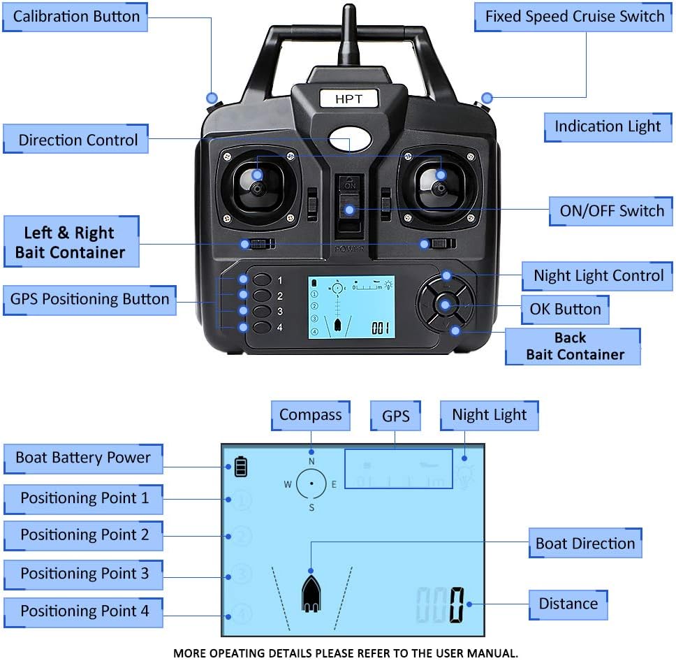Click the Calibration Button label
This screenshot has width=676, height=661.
click(76, 17)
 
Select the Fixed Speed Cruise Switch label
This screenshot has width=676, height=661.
click(575, 17)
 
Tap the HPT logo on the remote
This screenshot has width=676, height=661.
click(348, 99)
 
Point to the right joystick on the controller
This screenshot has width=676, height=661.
click(439, 187)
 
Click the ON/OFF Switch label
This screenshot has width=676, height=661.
click(611, 210)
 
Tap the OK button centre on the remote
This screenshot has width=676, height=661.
click(445, 305)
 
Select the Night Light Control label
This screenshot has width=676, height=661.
click(598, 275)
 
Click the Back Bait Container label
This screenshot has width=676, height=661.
click(573, 347)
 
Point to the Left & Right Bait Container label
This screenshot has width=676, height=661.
click(70, 242)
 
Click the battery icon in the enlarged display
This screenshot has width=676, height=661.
click(241, 467)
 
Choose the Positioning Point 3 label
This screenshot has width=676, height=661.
click(84, 574)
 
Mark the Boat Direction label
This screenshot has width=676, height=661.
click(585, 544)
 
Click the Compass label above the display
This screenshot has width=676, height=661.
click(310, 415)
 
